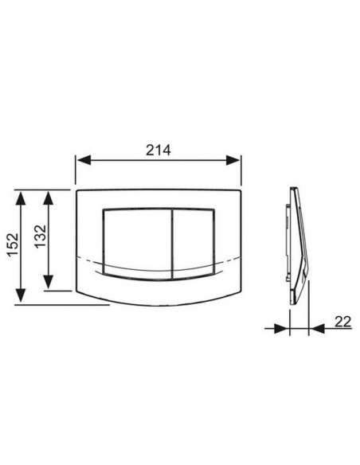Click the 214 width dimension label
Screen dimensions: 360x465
[158, 150]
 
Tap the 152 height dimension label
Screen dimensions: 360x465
[13, 244]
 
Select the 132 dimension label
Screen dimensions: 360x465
[41, 236]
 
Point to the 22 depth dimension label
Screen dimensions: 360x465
[342, 322]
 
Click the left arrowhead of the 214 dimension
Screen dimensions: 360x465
[84, 160]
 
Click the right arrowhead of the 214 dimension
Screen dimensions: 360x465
[233, 160]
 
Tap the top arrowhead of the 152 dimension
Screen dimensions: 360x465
[21, 198]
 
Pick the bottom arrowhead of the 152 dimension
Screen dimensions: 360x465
[21, 295]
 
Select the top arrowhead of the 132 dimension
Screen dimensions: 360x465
[48, 197]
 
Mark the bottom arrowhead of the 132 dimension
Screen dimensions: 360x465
[48, 282]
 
